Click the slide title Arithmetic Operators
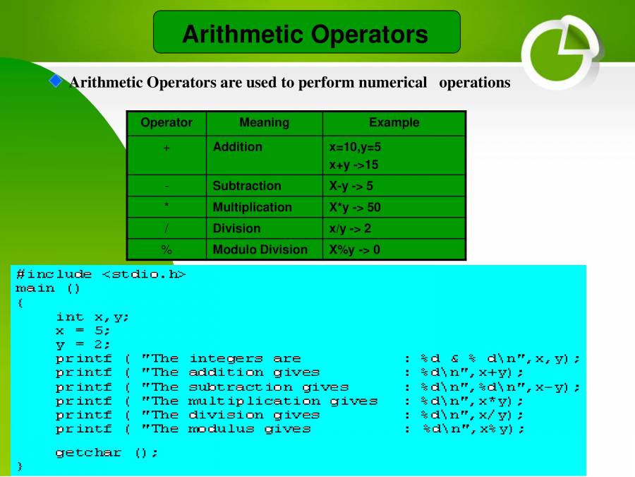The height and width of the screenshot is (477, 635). tap(306, 34)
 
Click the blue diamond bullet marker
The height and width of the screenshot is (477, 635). tap(56, 81)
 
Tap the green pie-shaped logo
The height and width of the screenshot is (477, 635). tap(561, 51)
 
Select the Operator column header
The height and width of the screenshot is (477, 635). tap(167, 123)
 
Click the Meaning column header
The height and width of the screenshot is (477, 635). tap(264, 123)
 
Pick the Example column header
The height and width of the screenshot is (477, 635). tap(394, 123)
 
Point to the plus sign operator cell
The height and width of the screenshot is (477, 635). tap(167, 148)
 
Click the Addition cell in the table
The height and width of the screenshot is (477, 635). tap(238, 147)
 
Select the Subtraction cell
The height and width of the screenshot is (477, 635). tap(247, 186)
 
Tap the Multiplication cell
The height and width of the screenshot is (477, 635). tap(252, 207)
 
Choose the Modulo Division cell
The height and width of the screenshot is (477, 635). tap(260, 249)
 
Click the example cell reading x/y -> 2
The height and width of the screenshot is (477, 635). tap(350, 228)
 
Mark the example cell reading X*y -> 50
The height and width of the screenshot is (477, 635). tap(354, 207)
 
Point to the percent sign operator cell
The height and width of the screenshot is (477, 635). tap(167, 249)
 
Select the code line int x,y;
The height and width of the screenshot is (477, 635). tap(92, 317)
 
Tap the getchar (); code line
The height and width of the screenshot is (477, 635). tap(107, 452)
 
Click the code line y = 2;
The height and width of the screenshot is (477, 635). tap(83, 344)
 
